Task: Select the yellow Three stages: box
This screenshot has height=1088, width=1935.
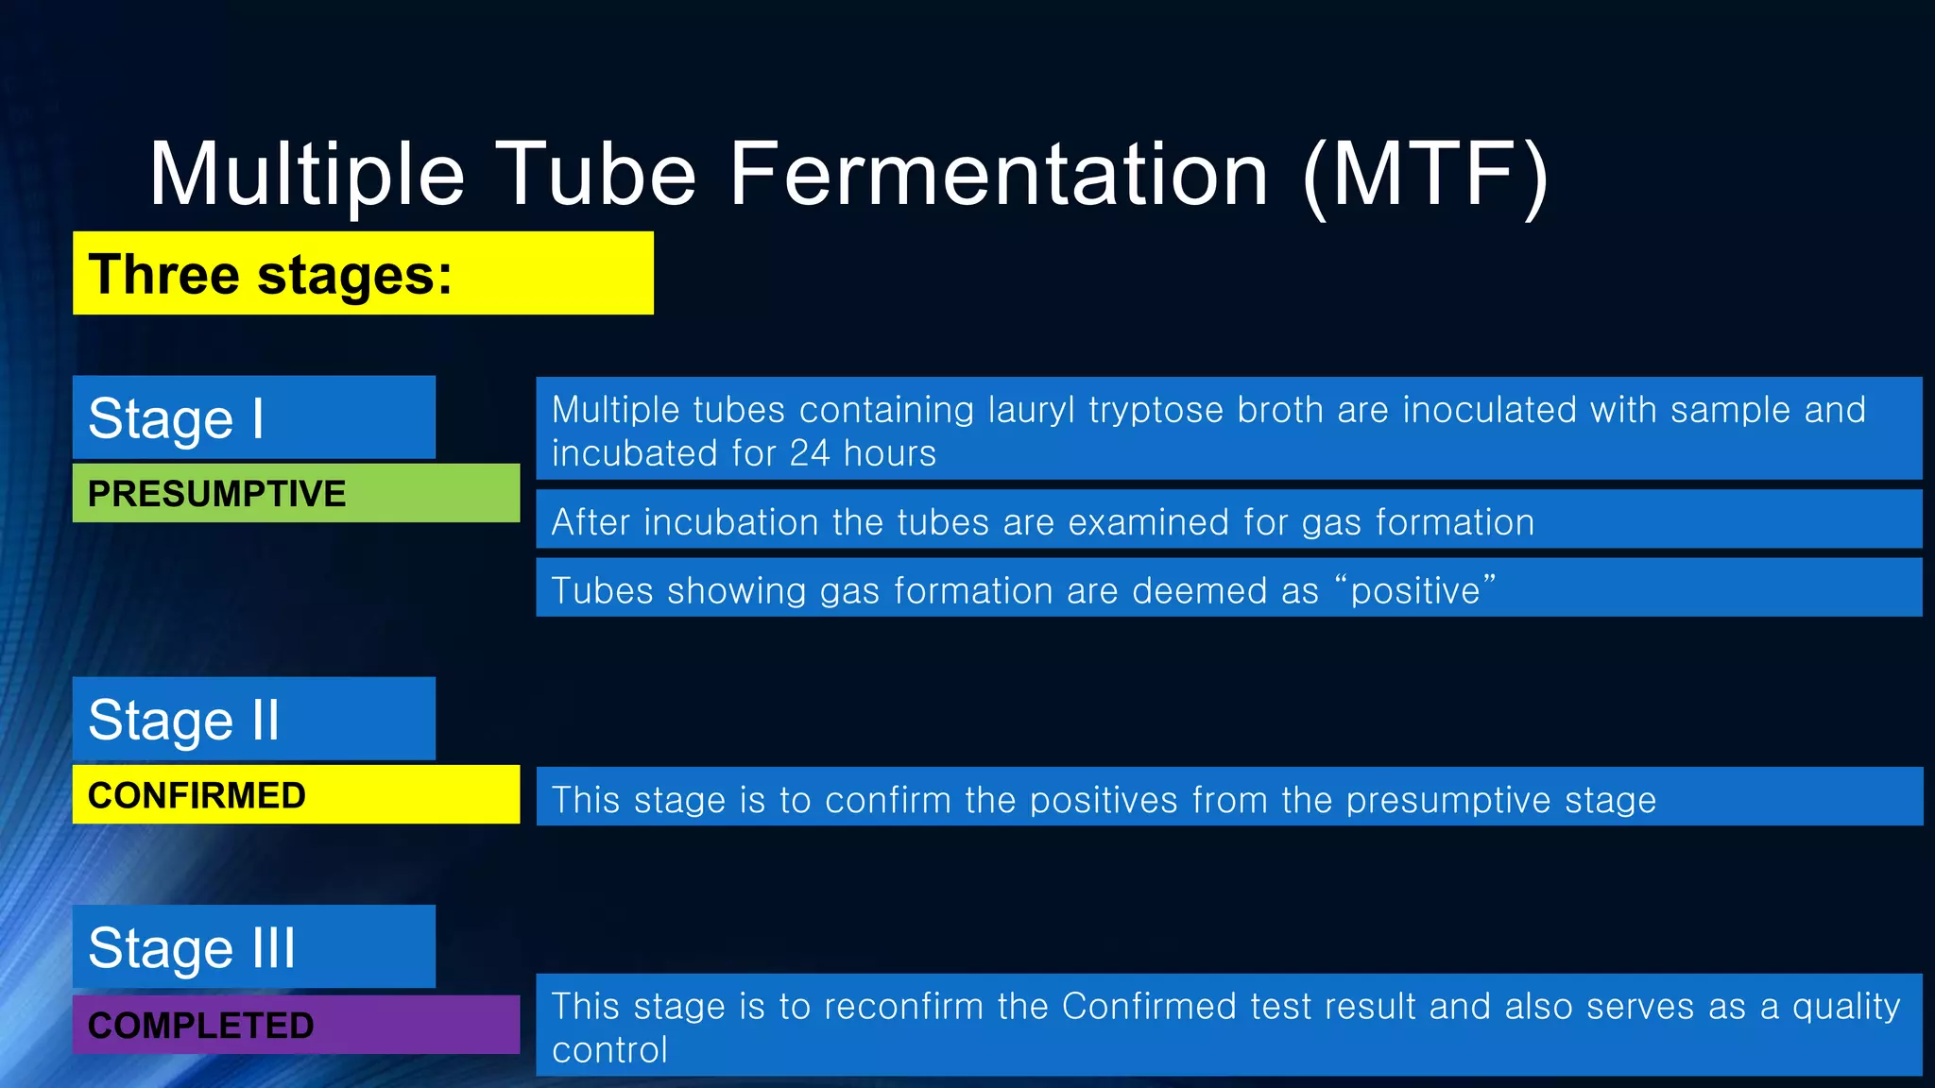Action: pos(363,273)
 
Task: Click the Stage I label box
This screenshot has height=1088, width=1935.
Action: pos(253,417)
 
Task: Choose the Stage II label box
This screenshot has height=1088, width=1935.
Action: pos(253,719)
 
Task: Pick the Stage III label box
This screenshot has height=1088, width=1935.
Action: pos(253,946)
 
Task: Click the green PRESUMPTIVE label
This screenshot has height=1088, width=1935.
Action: pos(296,493)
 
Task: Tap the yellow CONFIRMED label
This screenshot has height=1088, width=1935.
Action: pos(296,794)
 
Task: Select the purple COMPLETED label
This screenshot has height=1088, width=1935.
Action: pos(296,1025)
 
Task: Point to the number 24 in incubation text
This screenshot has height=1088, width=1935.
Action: pos(810,453)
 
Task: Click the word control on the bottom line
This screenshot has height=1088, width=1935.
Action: pos(609,1050)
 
